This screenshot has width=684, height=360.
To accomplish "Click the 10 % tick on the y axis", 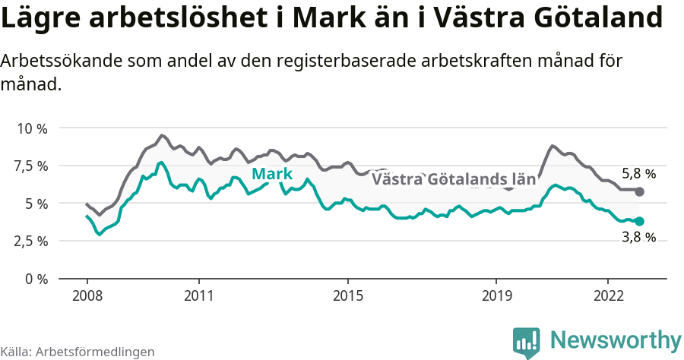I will point(32,128).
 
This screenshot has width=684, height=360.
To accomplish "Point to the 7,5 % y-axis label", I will point(31,166).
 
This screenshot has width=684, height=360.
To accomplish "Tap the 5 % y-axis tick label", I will point(36,204).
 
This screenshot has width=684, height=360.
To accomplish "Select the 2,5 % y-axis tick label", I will point(31,241).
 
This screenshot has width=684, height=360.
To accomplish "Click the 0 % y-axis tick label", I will point(36,279).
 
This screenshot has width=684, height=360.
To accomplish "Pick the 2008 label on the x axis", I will point(87,295).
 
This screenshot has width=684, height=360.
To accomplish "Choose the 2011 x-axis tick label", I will point(198,295).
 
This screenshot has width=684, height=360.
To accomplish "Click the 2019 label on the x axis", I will point(496,295).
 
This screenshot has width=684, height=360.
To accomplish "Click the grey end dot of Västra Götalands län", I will point(639,191).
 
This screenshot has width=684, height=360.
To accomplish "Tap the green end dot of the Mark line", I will point(639,221).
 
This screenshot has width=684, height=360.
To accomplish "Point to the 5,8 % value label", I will point(638,174).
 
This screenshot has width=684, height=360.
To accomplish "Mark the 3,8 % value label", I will point(638,237).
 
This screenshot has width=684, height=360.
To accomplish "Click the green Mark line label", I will point(271,175).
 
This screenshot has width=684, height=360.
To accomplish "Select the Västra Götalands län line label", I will point(454,180).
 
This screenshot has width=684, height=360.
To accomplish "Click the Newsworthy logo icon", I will point(527,343).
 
